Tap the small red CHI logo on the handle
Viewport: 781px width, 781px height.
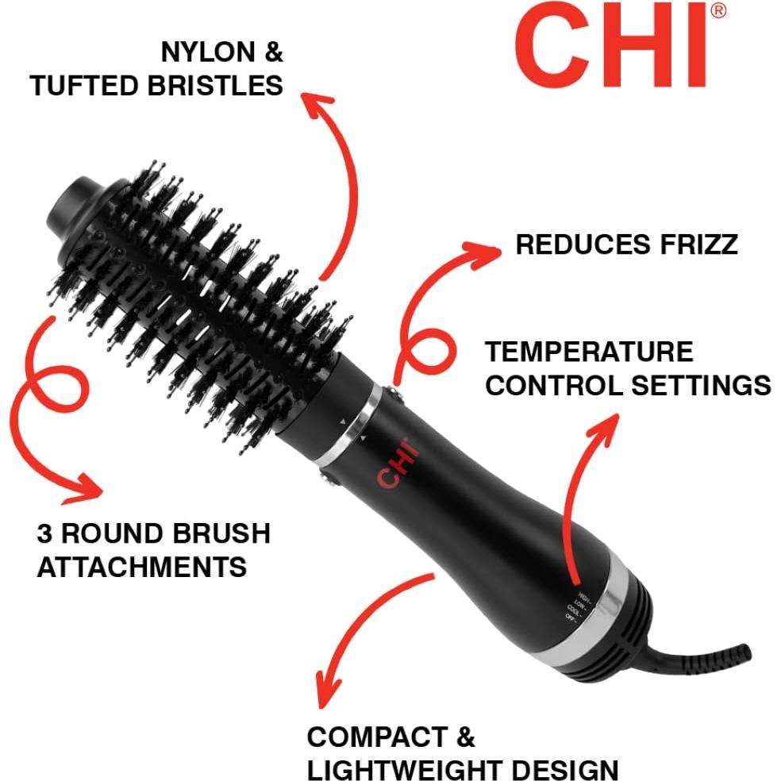tap(398, 467)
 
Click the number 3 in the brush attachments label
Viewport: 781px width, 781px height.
tap(44, 533)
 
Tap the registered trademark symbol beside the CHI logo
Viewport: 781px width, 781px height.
tap(717, 10)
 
